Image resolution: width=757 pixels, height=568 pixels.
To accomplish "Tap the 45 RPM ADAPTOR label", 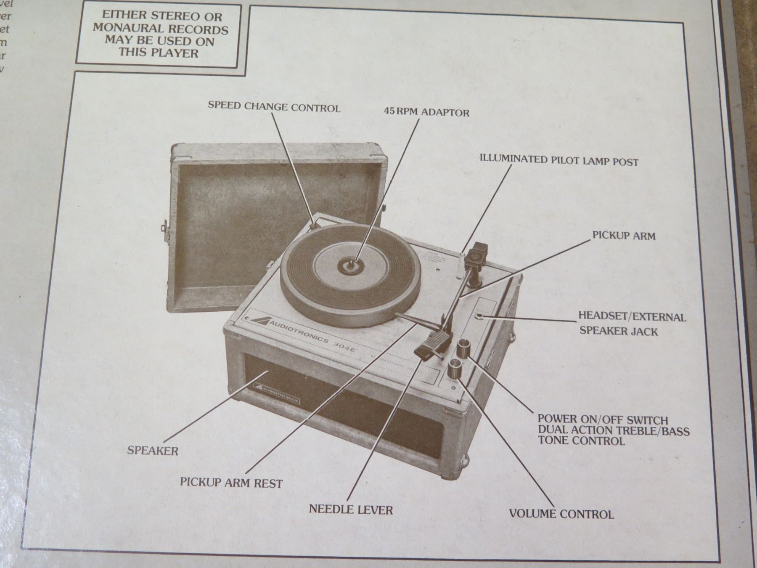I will click(x=426, y=112).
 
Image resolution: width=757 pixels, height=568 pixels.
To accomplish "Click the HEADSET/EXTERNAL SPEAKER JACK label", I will click(x=631, y=323).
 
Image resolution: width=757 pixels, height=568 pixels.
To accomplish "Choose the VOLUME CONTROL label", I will click(x=561, y=514).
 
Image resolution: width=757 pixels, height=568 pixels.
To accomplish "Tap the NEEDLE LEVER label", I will click(x=351, y=510).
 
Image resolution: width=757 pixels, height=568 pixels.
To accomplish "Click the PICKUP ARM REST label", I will click(x=231, y=482).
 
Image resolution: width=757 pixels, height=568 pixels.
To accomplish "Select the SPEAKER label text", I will click(x=153, y=451).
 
